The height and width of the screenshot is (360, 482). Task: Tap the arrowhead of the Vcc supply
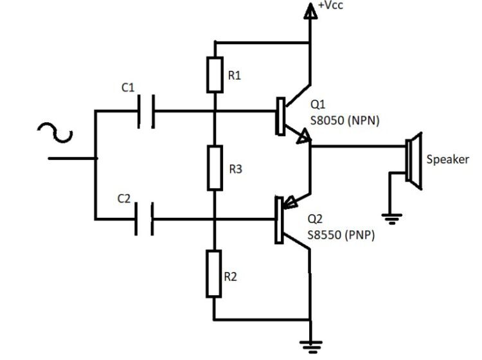[310, 8]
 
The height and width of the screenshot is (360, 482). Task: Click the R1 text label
[235, 75]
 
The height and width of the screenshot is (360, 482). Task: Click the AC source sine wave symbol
[54, 131]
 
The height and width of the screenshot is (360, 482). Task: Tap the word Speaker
[448, 159]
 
